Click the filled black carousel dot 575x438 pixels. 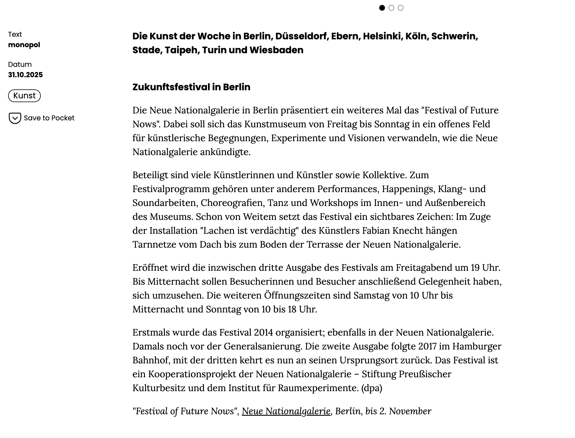(382, 8)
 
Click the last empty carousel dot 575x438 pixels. (401, 8)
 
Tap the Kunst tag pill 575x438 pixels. (24, 96)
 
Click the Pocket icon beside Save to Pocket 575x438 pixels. (15, 118)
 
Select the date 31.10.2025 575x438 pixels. (25, 75)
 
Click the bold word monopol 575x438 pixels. (24, 45)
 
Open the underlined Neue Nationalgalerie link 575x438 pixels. (286, 411)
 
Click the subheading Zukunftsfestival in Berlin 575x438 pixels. (191, 87)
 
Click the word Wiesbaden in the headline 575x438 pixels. (276, 50)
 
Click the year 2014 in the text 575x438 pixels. (263, 332)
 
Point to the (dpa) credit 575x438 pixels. (372, 388)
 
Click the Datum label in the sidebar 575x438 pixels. (20, 65)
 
